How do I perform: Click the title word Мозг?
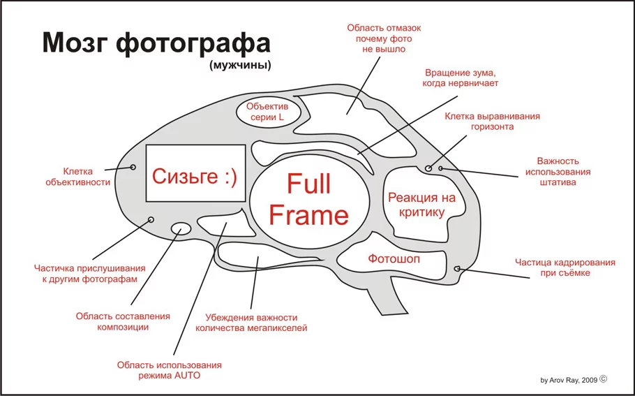click(74, 43)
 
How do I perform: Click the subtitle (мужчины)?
click(239, 66)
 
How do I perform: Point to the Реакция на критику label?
click(421, 205)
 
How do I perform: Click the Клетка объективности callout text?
click(77, 176)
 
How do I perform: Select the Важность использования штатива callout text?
click(558, 172)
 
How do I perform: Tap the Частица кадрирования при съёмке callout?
click(565, 267)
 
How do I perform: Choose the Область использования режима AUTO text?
click(169, 370)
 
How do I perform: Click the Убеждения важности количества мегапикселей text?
click(251, 322)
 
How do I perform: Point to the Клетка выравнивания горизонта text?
click(492, 122)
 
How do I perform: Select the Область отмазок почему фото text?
click(384, 38)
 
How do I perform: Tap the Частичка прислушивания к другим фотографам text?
click(90, 273)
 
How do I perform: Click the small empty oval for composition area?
click(181, 228)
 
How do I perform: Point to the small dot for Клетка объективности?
click(133, 167)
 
